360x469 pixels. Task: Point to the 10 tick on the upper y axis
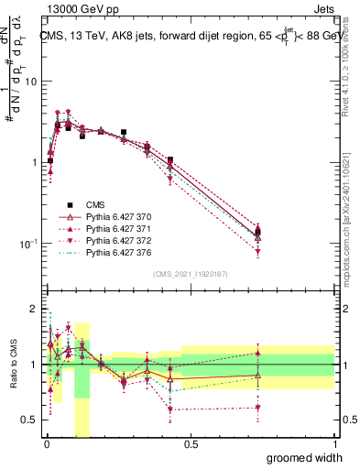click(30, 82)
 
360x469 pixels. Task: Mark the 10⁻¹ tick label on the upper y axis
click(27, 243)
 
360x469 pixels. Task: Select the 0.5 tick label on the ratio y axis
click(29, 420)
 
